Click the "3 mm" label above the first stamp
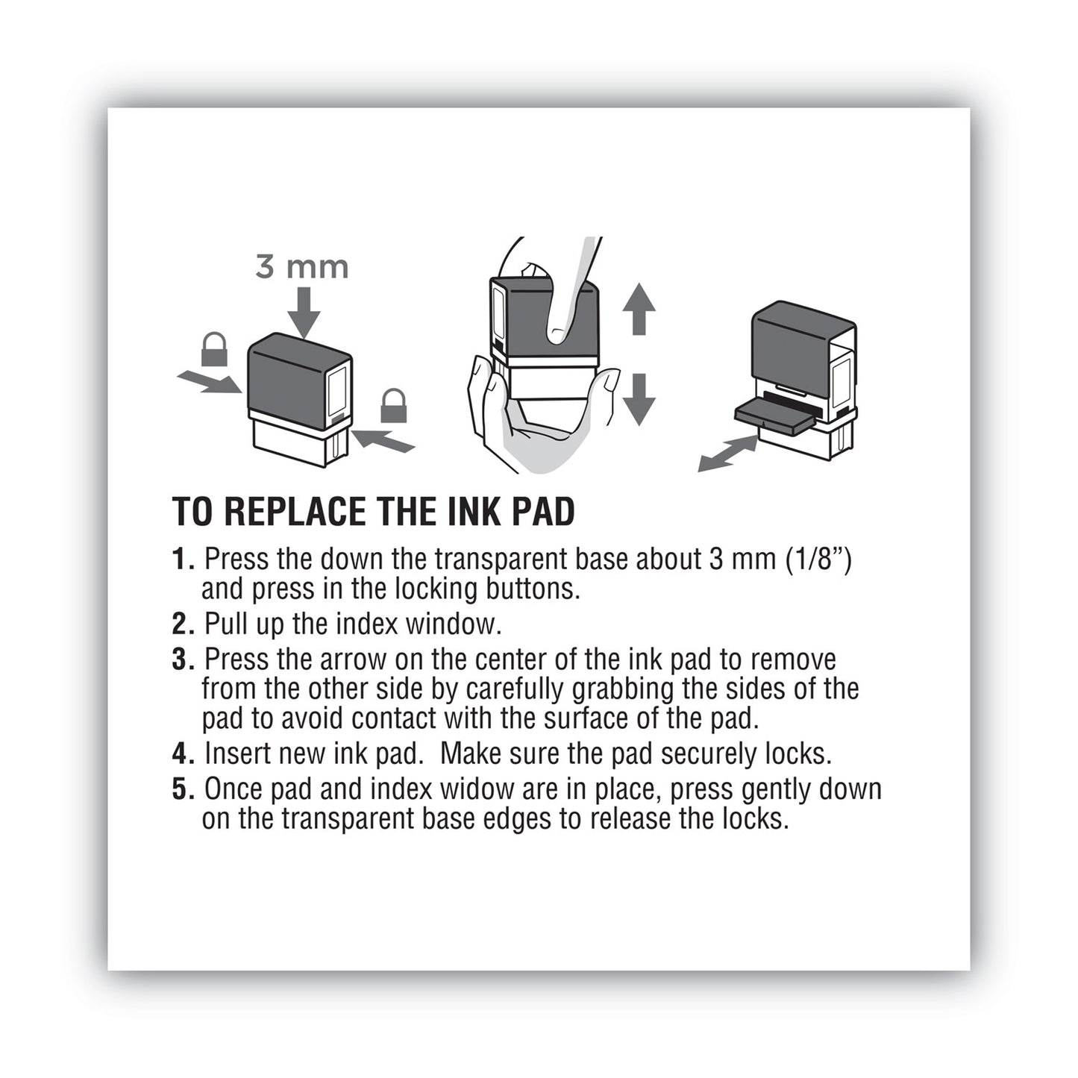pos(301,266)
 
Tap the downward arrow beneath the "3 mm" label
pos(303,313)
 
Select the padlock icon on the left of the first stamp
pos(214,350)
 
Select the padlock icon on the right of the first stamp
pos(393,406)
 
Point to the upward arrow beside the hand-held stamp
pos(639,308)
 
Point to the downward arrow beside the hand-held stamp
pos(639,398)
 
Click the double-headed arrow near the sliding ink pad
pos(727,454)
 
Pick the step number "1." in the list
pos(183,559)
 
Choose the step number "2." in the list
pos(184,624)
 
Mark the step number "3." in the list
pos(184,659)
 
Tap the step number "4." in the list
pos(184,753)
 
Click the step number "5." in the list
pos(184,789)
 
